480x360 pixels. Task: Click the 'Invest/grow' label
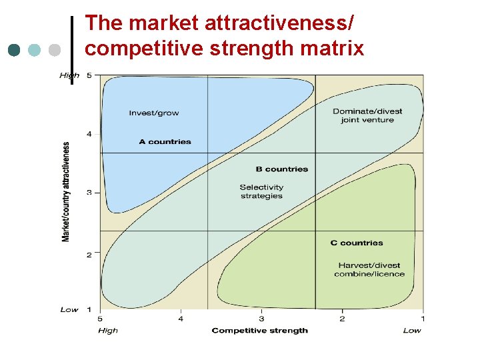click(154, 113)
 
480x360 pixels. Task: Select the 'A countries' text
click(165, 141)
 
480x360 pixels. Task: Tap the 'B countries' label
click(282, 169)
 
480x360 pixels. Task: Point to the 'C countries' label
click(357, 243)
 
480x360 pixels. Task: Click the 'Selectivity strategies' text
click(261, 191)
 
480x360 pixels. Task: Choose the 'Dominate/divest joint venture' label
click(367, 115)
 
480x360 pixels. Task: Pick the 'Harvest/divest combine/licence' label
click(369, 269)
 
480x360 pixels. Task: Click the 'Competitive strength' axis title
click(260, 330)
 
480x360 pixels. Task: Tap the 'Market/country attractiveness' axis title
click(66, 191)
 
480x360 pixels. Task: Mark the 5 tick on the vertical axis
click(89, 75)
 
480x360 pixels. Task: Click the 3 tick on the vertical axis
click(89, 193)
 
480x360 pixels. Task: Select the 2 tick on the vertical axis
click(89, 254)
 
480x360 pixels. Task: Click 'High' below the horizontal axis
click(108, 330)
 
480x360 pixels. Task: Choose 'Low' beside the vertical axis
click(69, 309)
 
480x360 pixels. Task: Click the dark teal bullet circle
click(15, 50)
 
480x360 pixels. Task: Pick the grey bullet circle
click(55, 50)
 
